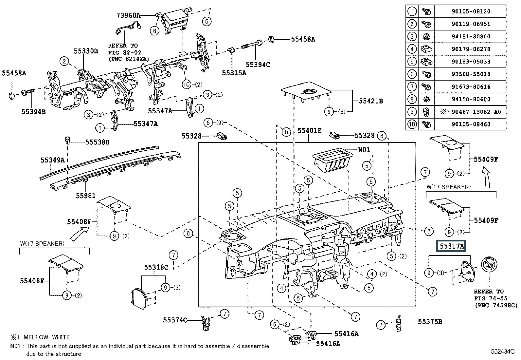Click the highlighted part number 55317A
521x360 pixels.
point(452,246)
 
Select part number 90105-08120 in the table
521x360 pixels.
point(471,11)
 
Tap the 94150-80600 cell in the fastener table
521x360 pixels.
point(471,100)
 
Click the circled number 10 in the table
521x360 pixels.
point(412,124)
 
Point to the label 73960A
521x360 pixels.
point(128,16)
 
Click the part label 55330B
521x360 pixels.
point(86,51)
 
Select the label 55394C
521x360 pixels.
point(258,65)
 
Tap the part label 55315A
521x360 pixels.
point(234,73)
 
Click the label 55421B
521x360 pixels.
point(371,101)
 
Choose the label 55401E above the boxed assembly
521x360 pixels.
point(310,131)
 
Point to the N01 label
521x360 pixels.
point(364,150)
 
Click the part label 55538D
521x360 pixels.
point(98,142)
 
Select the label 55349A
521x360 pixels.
point(53,160)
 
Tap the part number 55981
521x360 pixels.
point(86,196)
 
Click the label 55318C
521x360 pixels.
point(156,267)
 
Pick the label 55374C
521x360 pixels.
point(175,320)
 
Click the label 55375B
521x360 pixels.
point(430,322)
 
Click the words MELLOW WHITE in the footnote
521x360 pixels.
point(47,337)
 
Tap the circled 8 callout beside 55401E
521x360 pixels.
point(286,132)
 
